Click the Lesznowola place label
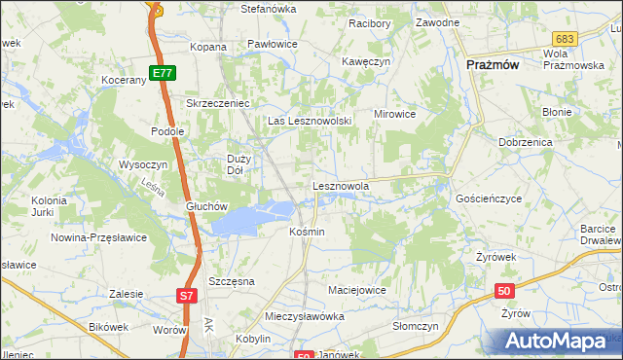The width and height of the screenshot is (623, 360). tap(341, 185)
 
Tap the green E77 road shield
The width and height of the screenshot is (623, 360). tap(163, 72)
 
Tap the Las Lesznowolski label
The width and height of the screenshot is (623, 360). tap(309, 121)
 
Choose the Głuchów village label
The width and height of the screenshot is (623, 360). tap(206, 206)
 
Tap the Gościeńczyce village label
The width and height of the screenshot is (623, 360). tap(489, 198)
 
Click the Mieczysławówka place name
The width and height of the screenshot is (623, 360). tap(306, 317)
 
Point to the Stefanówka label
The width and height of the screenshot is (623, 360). tap(269, 9)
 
